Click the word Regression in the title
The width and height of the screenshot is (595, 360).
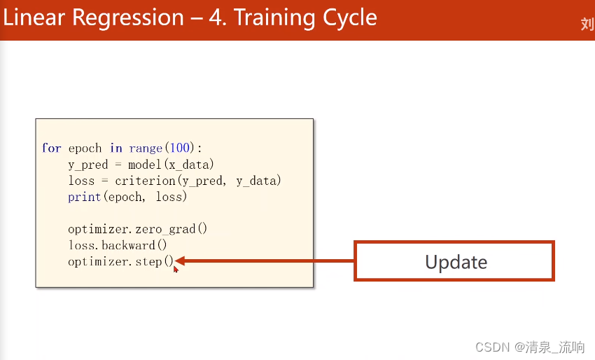128,18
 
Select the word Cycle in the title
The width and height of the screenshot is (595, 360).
350,18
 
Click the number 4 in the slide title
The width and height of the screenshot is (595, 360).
216,18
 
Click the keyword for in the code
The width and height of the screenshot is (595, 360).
52,148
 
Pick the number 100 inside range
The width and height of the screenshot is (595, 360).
179,147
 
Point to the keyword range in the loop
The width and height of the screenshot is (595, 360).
146,148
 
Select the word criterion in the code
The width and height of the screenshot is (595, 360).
146,181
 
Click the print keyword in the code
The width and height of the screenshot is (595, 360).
84,197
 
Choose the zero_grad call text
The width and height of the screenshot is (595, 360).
165,229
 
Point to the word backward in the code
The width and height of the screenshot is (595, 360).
128,245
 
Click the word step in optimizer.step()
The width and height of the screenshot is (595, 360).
148,262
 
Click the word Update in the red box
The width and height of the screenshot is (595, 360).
456,262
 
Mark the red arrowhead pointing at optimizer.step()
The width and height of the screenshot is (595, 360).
180,261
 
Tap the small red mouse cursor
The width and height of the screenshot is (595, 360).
176,269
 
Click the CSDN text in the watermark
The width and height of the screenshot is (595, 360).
493,347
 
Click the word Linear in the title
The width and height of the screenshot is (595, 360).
34,18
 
